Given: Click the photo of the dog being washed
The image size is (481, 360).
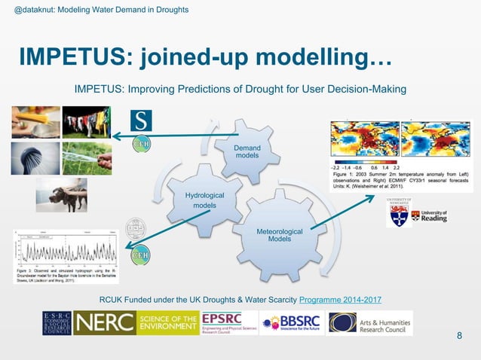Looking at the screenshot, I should tap(61, 194).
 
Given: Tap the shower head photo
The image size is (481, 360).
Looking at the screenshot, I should tap(35, 157).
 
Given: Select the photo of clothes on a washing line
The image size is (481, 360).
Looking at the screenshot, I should tap(86, 122).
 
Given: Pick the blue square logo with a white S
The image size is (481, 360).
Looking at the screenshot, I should tap(141, 121).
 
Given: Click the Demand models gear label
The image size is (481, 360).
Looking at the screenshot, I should tap(247, 151).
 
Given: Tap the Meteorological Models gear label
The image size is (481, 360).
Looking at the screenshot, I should tap(280, 235).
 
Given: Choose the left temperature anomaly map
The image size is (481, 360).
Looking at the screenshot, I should tap(363, 141).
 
